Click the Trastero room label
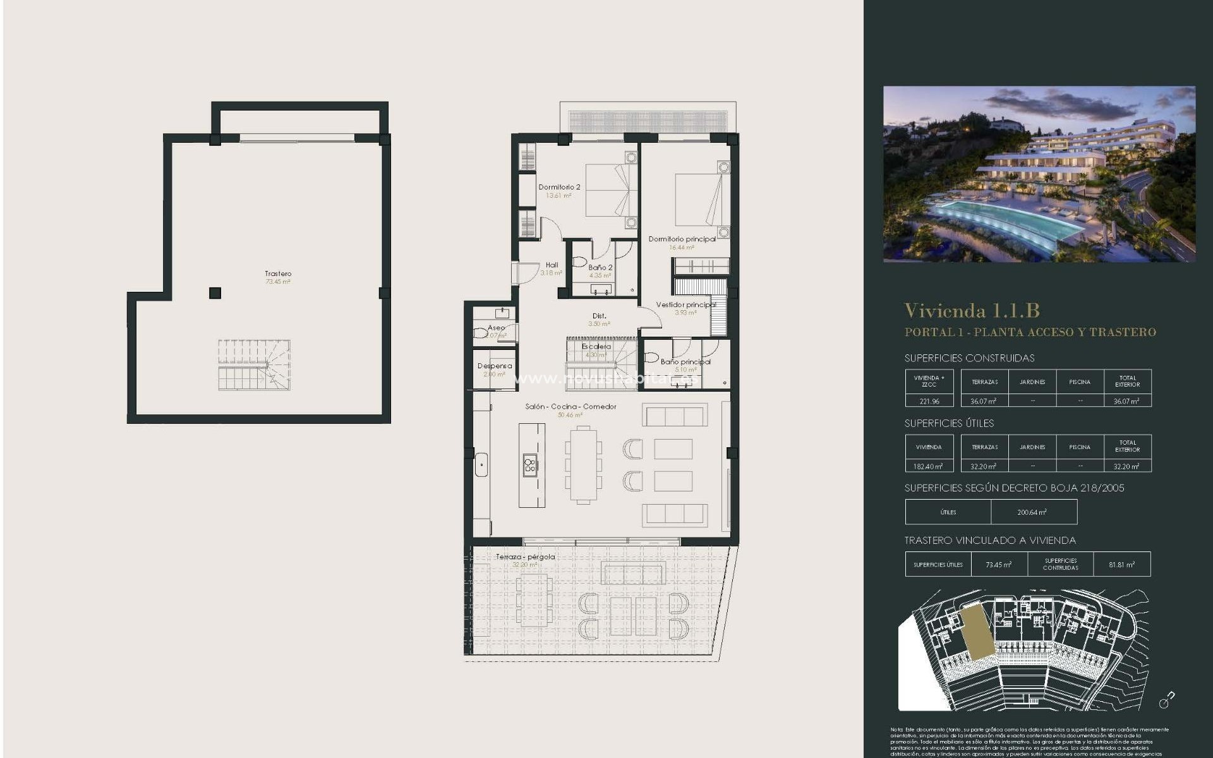pos(278,274)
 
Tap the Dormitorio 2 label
pos(559,187)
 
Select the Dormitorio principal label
pos(682,239)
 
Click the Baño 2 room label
pos(600,267)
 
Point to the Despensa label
pos(495,366)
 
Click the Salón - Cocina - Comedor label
pos(570,406)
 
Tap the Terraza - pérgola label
pos(525,556)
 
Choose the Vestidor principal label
pos(685,304)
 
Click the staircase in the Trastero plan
pos(254,365)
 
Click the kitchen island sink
pos(529,466)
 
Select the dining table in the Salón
pos(583,465)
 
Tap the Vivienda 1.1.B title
pos(972,311)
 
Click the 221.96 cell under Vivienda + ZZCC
pos(929,401)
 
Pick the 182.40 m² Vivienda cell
pos(929,466)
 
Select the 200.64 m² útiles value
pos(1032,512)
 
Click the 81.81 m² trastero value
pos(1121,565)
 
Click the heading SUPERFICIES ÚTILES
pos(949,423)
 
